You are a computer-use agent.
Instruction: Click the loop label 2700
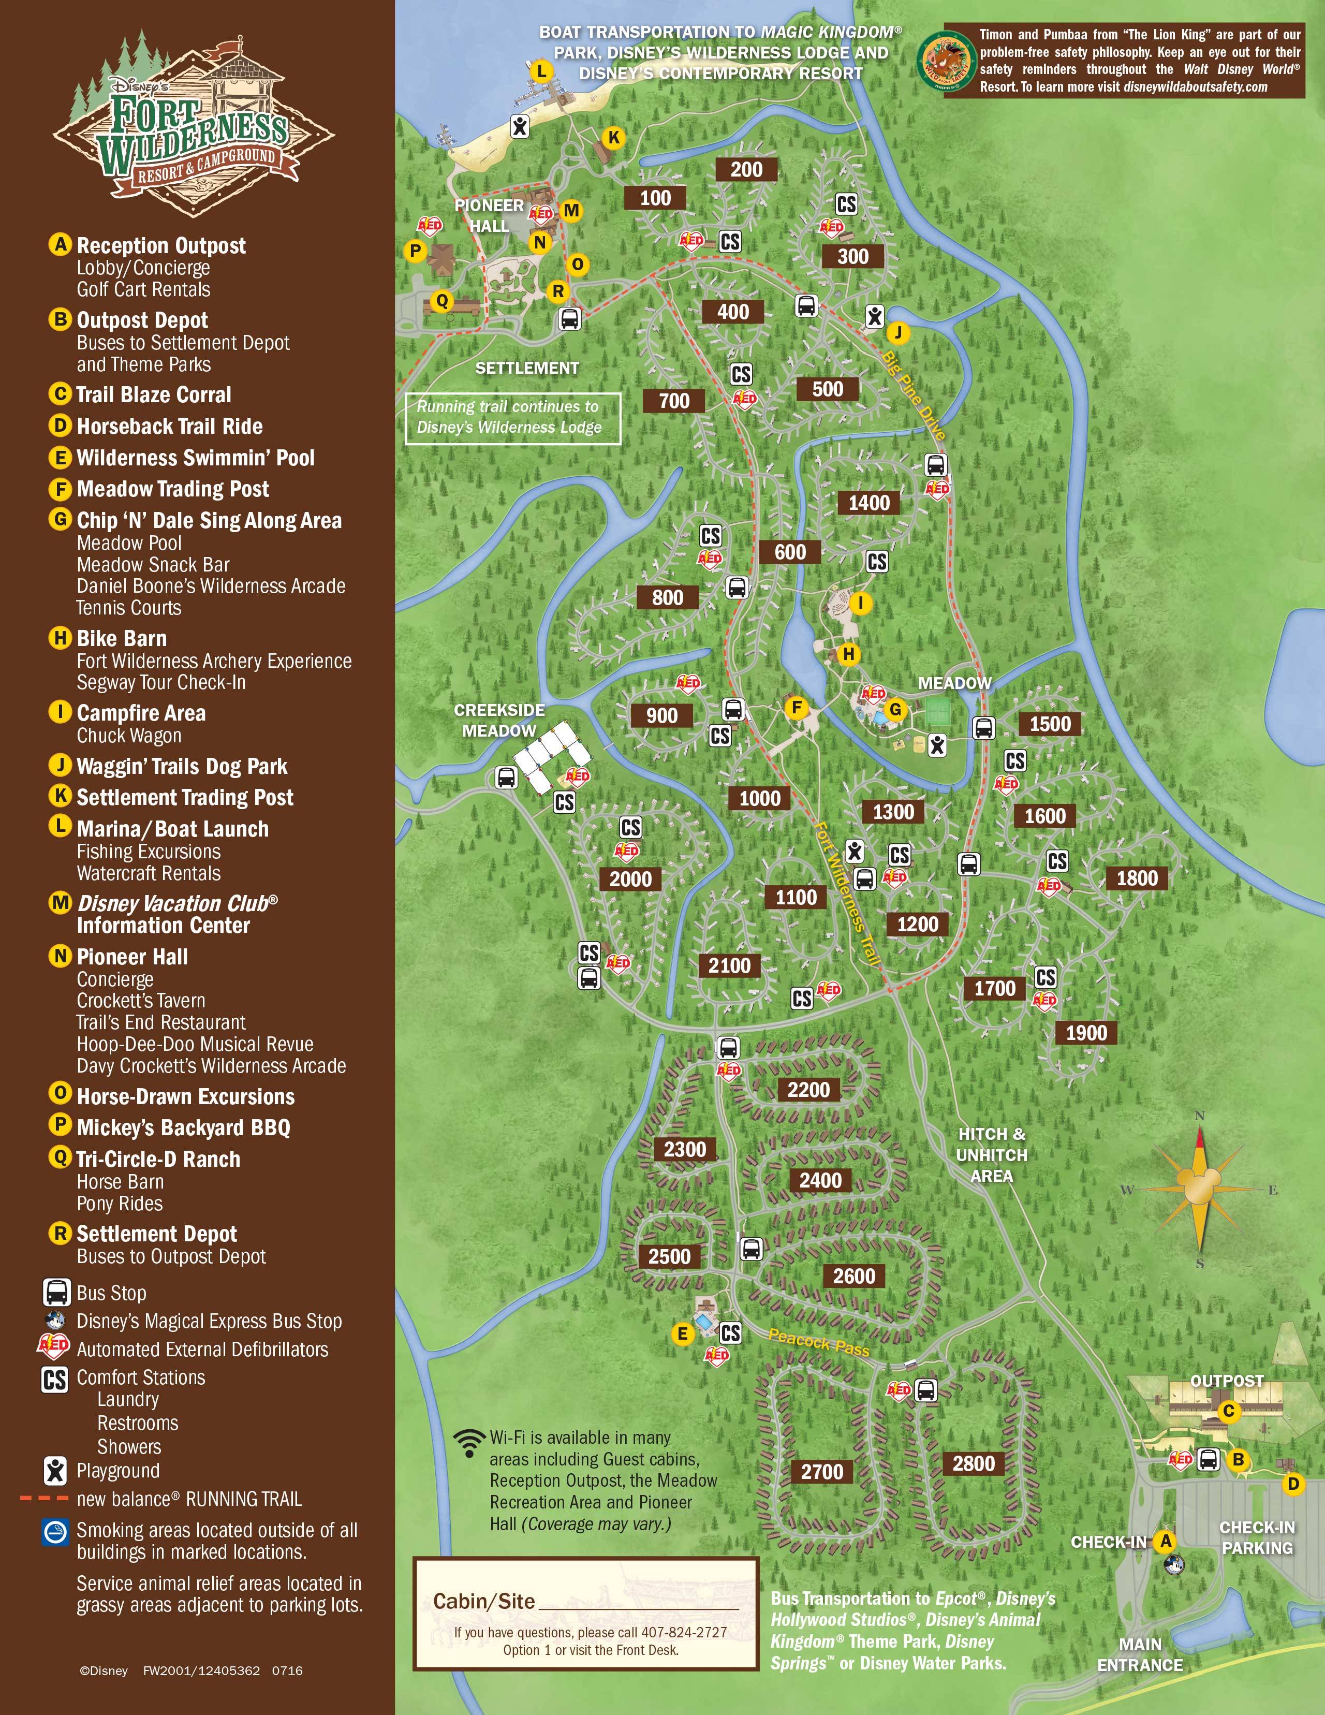click(x=822, y=1472)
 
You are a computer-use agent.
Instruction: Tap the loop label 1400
click(x=869, y=503)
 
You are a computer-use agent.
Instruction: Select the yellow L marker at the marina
click(x=541, y=71)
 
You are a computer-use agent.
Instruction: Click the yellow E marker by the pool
click(x=682, y=1333)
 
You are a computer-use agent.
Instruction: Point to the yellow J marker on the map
click(x=898, y=333)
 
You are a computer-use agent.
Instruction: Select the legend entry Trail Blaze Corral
click(x=153, y=394)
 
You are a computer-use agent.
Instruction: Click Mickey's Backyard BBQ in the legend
click(x=183, y=1127)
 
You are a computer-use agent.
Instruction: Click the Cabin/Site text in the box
click(x=483, y=1601)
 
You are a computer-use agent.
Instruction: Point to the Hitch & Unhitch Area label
click(x=991, y=1154)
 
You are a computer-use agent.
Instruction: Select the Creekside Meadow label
click(x=499, y=720)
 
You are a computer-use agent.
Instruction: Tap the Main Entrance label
click(x=1139, y=1654)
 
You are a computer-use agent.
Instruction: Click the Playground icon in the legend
click(x=55, y=1470)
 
